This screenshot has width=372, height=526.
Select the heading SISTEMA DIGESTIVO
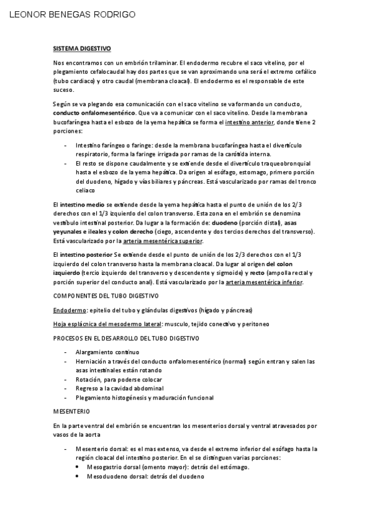(81, 48)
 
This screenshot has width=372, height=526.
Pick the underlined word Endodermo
(69, 310)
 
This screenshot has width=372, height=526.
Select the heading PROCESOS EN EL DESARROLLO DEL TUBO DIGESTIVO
(126, 338)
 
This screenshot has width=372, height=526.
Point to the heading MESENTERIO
(71, 411)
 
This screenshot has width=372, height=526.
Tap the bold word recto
(256, 272)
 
